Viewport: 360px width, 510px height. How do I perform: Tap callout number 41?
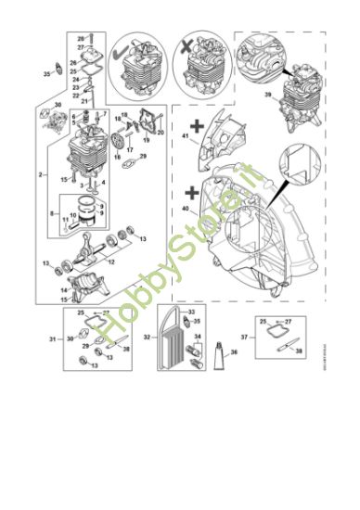coord(185,137)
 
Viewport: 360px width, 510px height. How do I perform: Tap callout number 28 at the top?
coord(79,39)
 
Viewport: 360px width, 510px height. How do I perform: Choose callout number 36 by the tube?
coord(234,352)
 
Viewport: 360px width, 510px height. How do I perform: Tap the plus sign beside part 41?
coord(196,122)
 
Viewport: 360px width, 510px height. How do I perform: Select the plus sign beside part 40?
coord(191,193)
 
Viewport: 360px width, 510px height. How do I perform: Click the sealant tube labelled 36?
coord(219,352)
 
